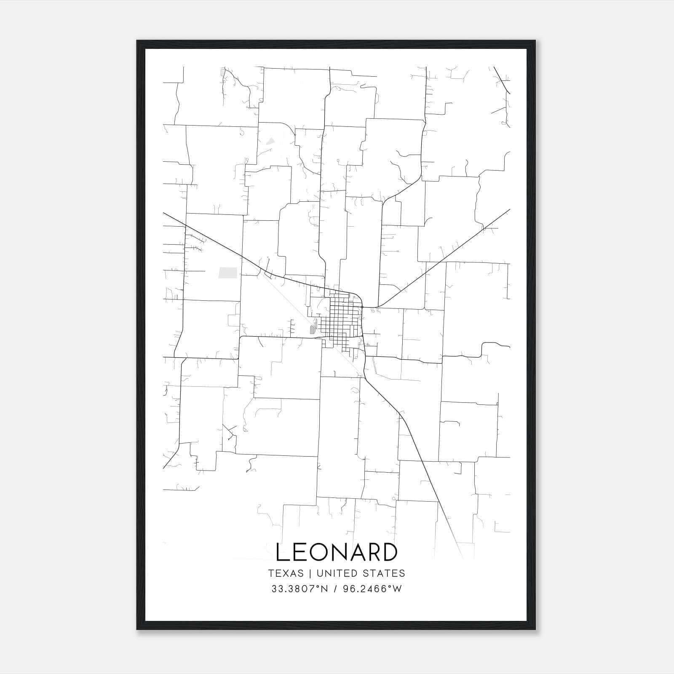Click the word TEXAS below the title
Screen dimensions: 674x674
286,573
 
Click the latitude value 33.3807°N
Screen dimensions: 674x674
300,588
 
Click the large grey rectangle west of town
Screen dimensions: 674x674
227,273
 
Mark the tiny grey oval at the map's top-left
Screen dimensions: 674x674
223,72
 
